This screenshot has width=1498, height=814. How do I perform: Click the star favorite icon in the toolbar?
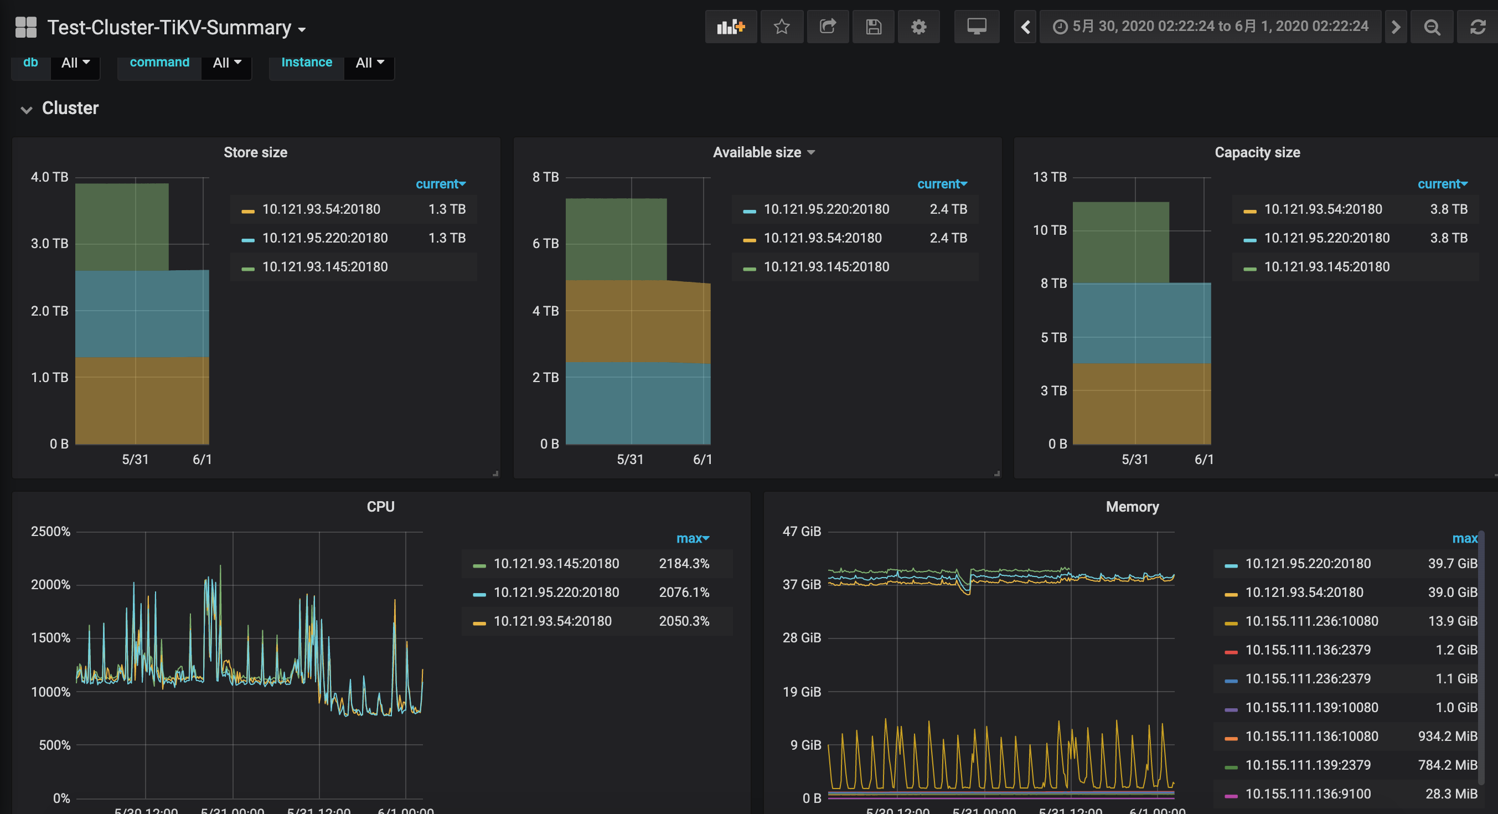782,27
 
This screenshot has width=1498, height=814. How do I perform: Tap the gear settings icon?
918,27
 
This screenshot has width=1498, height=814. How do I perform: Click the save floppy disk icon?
874,27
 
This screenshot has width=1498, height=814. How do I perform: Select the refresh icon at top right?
1478,27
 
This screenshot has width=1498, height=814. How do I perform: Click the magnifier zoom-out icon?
1432,27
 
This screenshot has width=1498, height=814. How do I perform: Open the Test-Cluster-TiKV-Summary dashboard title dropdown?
176,27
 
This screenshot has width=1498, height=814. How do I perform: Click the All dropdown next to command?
227,62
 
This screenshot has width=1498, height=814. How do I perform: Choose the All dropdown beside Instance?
370,62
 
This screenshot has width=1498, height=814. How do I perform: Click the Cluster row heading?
70,108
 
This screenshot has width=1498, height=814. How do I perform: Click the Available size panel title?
757,152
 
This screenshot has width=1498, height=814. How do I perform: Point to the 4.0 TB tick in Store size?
49,177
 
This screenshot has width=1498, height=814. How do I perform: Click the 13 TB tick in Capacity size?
1050,177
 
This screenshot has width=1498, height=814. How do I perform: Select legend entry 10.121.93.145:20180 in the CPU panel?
556,563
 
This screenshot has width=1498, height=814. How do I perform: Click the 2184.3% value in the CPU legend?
684,563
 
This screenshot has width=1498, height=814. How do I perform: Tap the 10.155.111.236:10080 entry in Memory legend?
1311,621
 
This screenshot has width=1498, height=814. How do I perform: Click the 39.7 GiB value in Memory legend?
1452,563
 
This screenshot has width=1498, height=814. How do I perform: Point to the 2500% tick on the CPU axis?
50,531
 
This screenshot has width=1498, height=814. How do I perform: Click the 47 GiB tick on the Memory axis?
802,531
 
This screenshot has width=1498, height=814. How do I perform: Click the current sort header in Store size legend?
441,184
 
